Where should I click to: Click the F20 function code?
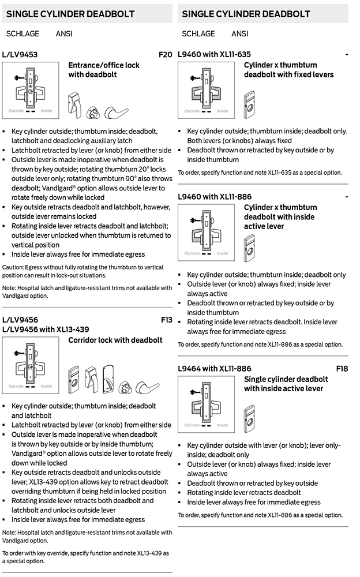pos(165,55)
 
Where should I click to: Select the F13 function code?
pos(166,320)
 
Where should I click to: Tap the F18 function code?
pos(342,368)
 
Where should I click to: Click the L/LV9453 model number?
pos(20,55)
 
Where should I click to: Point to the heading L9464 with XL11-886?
pos(215,368)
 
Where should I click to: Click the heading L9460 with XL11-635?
pos(215,54)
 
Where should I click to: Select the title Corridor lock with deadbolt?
pos(115,340)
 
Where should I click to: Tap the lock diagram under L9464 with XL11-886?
pos(207,403)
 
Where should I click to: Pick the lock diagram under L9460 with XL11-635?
pos(207,88)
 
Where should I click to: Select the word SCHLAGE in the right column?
pos(198,34)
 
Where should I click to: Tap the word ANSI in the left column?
pos(64,34)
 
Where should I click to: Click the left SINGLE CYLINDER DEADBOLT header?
pos(70,14)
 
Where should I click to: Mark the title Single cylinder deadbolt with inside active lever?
pos(286,384)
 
